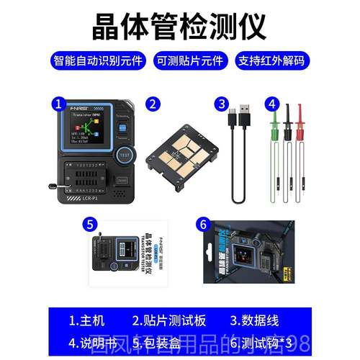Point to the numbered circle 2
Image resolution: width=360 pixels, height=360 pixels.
pos(153,104)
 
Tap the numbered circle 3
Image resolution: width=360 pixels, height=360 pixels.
pos(223,104)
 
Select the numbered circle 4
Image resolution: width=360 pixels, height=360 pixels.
pos(272,104)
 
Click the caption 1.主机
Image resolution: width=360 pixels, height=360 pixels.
pos(88,319)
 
